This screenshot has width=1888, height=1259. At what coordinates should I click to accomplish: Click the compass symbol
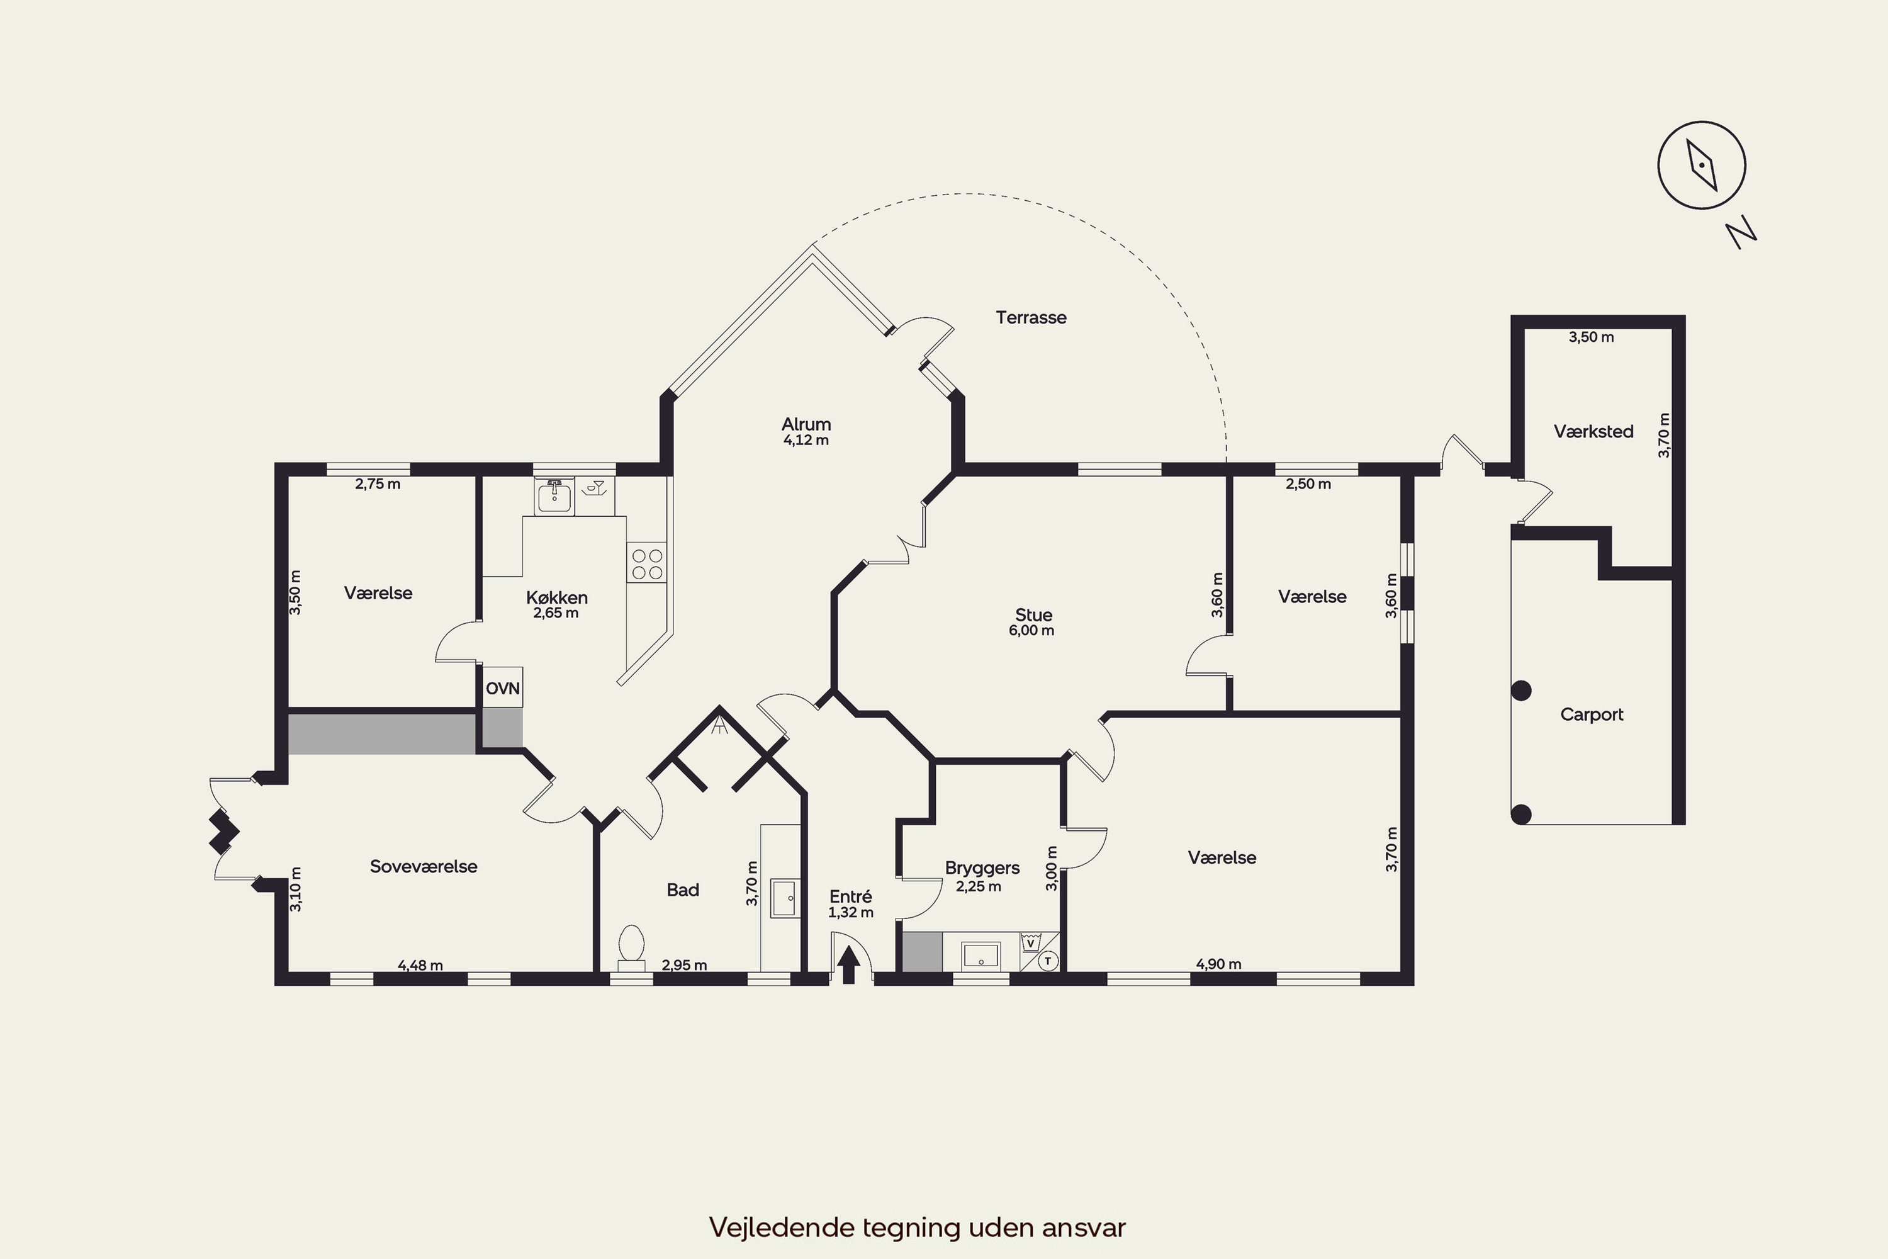[x=1701, y=166]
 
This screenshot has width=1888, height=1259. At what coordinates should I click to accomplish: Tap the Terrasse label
[x=1031, y=317]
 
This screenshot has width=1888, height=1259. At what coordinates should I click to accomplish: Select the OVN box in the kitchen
[x=502, y=687]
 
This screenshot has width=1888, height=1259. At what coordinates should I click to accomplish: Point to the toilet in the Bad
[x=632, y=947]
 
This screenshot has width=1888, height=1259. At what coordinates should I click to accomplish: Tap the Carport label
[x=1592, y=714]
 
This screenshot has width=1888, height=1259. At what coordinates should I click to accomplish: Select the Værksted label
[x=1593, y=432]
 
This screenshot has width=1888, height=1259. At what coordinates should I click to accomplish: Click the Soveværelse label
[x=423, y=866]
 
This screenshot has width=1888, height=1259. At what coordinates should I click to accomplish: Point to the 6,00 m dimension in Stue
[x=1031, y=631]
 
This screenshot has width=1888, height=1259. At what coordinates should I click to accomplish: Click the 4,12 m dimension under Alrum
[x=806, y=440]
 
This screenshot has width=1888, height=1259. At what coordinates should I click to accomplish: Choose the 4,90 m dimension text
[x=1218, y=964]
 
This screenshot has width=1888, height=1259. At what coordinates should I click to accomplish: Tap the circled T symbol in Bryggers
[x=1048, y=961]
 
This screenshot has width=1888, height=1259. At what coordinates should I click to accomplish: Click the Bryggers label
[x=982, y=868]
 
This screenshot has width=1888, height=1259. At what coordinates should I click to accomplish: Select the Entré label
[x=850, y=896]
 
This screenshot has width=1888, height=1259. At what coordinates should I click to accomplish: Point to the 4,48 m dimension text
[x=420, y=965]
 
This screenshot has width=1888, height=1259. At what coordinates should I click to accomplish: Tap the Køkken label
[x=556, y=597]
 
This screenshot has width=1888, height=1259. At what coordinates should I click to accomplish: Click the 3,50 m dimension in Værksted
[x=1591, y=337]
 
